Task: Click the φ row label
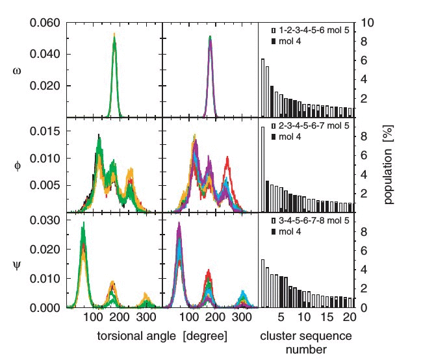[x=17, y=166]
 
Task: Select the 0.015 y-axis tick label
[x=46, y=131]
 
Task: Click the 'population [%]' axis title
[x=389, y=165]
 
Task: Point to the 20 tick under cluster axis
[x=349, y=319]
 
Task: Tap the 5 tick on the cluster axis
[x=281, y=319]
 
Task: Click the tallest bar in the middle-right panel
[x=262, y=169]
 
